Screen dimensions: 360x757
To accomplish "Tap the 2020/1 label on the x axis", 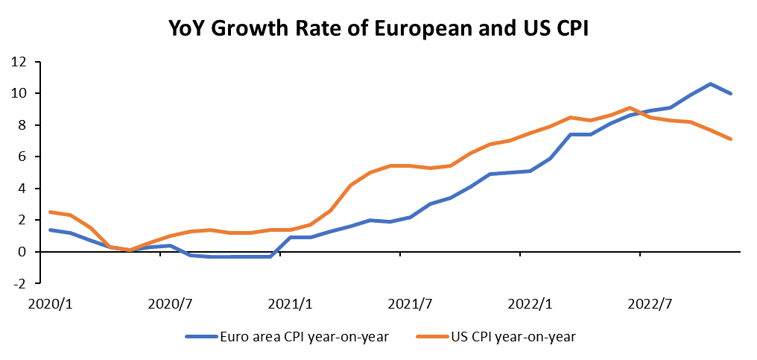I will point(50,304).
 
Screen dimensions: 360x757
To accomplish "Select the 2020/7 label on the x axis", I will point(171,304).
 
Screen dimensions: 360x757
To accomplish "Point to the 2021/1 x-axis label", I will point(291,304).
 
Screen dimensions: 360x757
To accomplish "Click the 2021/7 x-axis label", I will point(411,304).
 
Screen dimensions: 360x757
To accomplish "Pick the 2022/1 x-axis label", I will point(530,304).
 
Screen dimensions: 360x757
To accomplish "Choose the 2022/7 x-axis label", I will point(650,304).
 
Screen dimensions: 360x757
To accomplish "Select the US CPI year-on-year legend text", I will point(513,336).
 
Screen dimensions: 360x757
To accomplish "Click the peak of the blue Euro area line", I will point(710,83).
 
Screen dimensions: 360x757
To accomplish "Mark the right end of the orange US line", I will point(731,139).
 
